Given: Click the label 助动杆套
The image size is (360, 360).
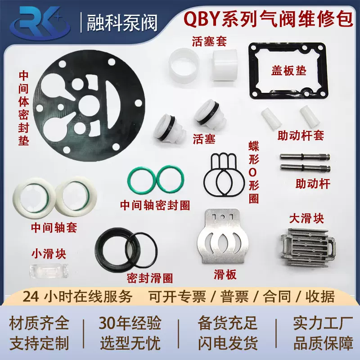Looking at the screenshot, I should coord(301,135).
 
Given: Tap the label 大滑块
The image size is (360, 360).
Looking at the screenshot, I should coord(306,219).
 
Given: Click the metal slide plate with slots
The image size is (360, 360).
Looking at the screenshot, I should coord(225,238).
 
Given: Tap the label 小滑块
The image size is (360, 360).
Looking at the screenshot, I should coord(48,254).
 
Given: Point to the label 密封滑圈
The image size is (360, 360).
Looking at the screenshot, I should coord(150,278).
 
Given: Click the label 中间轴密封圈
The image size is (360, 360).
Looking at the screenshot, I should coord(155,205).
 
